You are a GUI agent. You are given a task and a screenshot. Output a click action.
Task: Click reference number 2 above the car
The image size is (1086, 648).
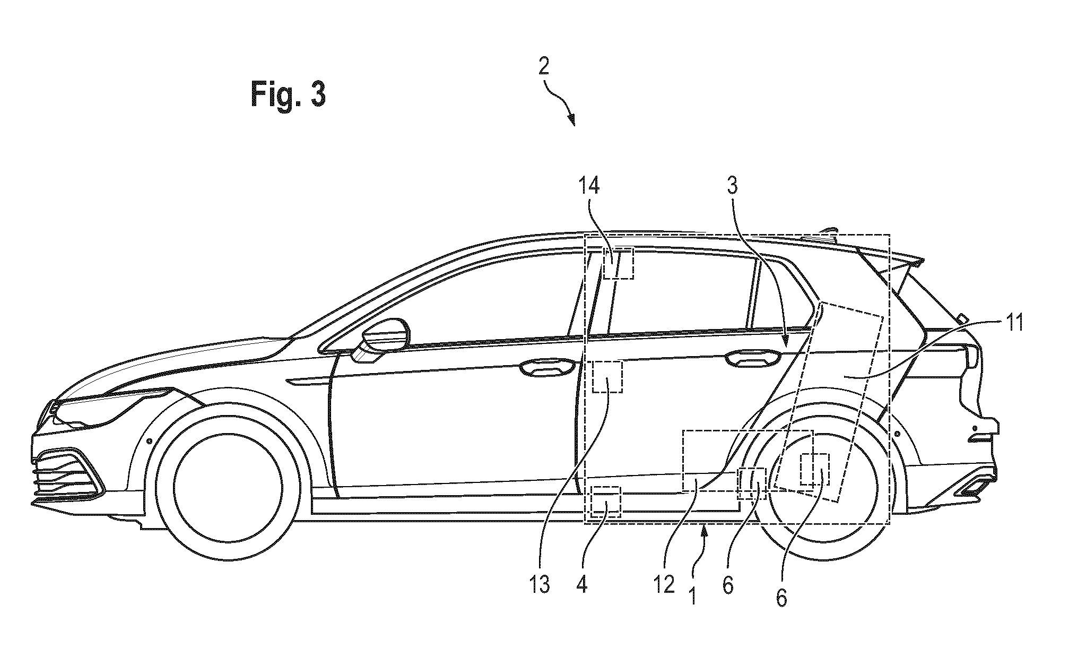pyautogui.click(x=544, y=67)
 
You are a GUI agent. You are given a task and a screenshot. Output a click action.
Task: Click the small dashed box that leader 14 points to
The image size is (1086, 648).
pyautogui.click(x=619, y=263)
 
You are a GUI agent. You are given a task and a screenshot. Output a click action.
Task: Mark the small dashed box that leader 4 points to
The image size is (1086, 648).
pyautogui.click(x=605, y=502)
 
